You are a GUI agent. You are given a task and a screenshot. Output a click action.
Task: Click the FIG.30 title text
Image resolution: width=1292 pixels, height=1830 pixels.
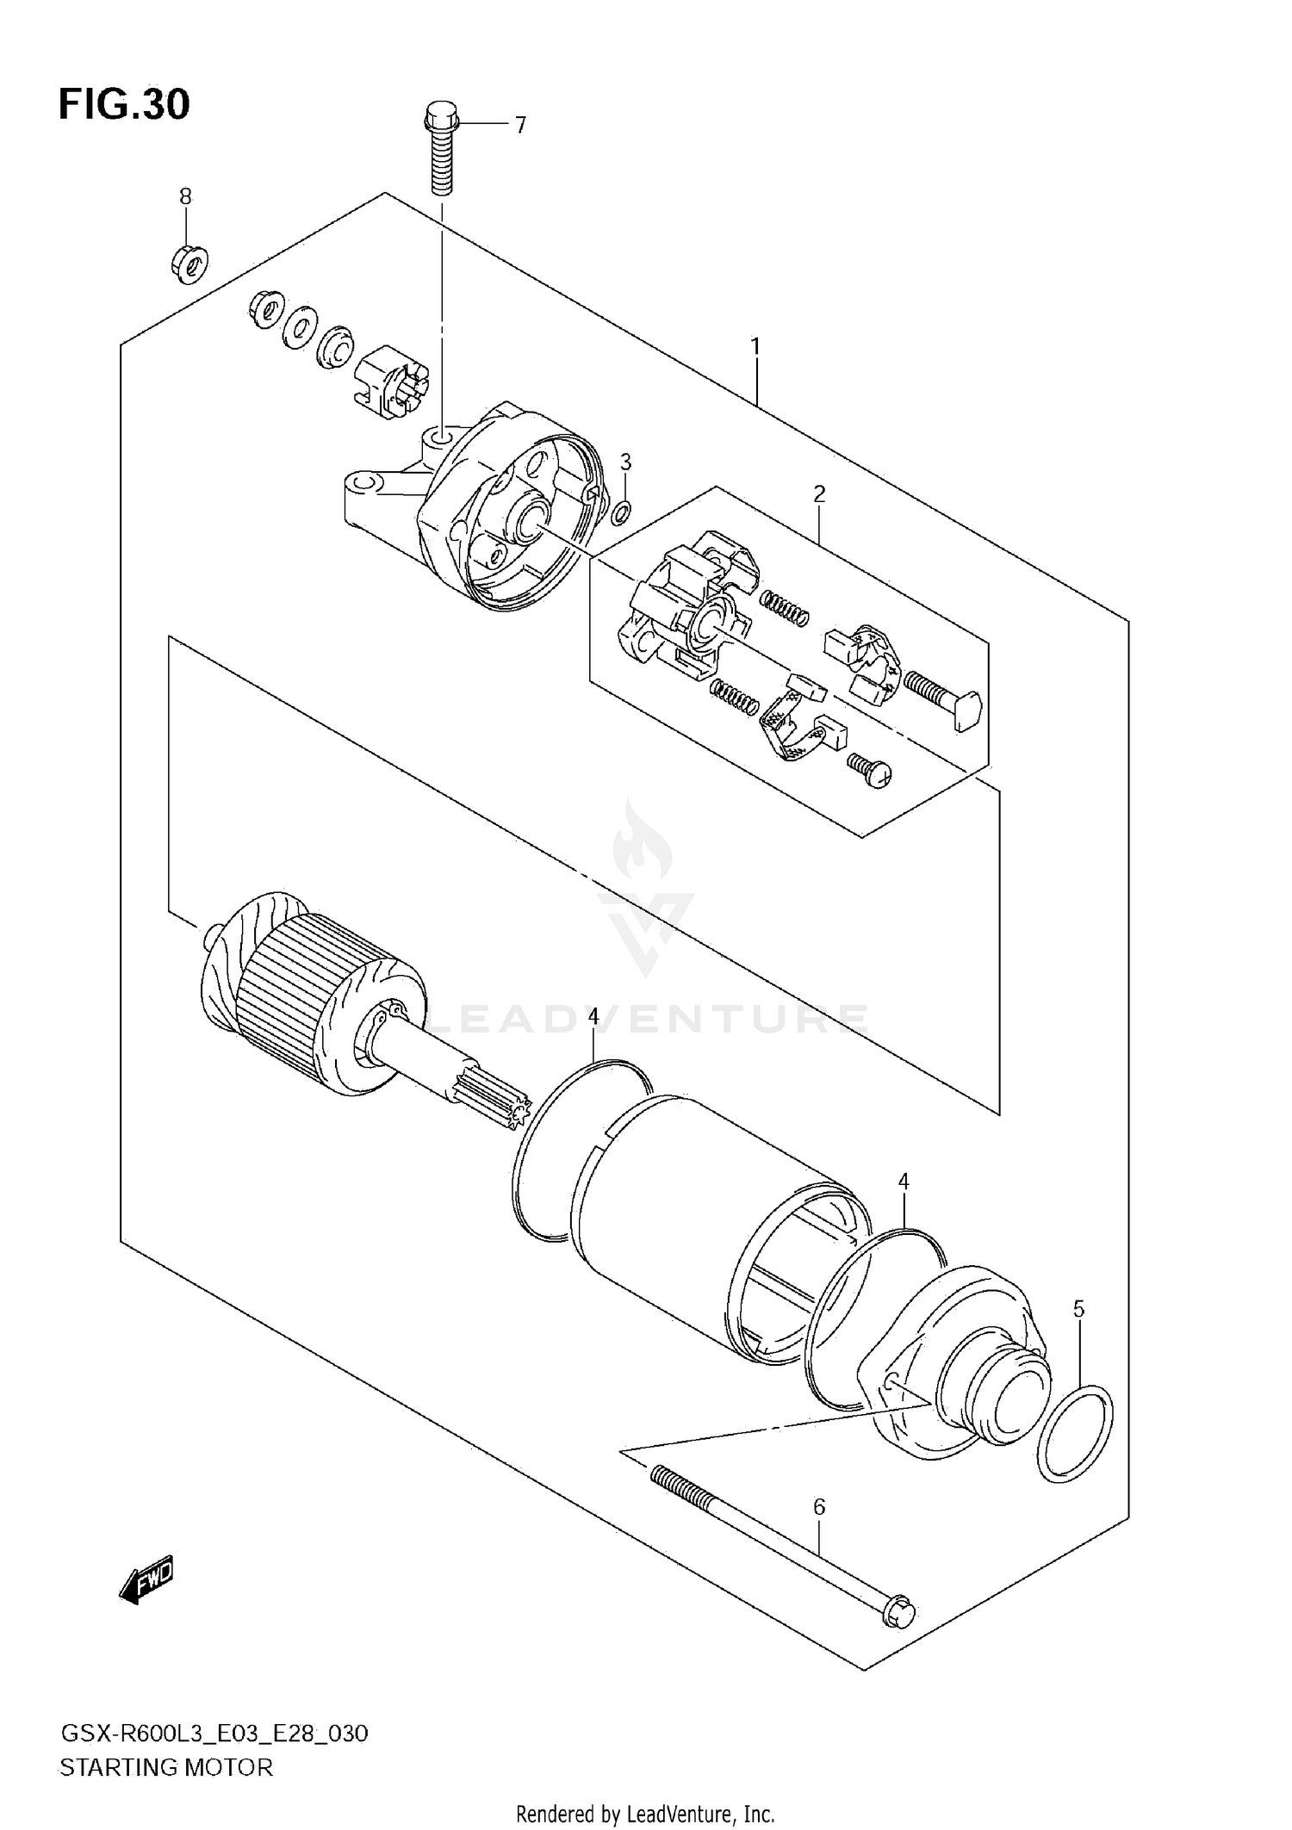[124, 105]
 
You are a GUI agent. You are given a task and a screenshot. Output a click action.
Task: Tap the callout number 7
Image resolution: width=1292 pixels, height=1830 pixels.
[520, 127]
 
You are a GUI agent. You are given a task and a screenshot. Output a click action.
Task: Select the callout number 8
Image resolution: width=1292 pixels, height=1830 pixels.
[185, 196]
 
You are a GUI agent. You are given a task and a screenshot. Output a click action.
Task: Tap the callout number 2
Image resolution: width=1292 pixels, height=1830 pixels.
[819, 493]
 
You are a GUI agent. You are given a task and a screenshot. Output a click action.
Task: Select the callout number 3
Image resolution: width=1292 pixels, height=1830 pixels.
[626, 462]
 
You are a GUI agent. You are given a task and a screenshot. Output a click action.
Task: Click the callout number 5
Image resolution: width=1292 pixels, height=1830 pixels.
[1078, 1310]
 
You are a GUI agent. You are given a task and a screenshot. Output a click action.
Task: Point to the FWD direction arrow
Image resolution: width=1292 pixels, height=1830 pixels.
[147, 1580]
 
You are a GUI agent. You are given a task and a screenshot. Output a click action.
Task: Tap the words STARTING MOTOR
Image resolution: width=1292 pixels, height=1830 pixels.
[165, 1768]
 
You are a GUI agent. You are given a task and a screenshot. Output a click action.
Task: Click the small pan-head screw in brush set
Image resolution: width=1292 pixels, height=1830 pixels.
[870, 768]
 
